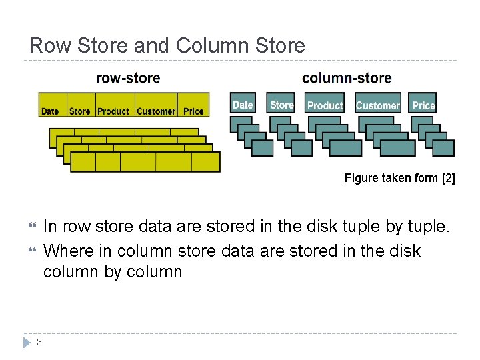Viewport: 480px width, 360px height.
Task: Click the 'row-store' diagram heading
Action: point(128,78)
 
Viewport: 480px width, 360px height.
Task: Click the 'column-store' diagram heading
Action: point(347,78)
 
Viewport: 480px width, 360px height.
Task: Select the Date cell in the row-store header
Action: point(50,111)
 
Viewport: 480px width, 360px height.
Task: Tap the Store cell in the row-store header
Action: point(79,111)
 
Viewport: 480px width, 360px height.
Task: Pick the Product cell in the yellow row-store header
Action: point(113,111)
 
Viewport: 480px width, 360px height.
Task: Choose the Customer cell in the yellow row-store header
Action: point(156,111)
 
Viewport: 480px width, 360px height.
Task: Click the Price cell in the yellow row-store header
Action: point(193,111)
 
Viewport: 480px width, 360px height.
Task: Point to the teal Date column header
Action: point(243,105)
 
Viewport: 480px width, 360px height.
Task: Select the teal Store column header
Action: point(281,105)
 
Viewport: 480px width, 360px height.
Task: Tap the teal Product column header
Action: point(325,105)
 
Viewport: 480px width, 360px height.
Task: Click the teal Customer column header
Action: point(378,105)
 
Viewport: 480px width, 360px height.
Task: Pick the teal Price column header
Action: point(423,105)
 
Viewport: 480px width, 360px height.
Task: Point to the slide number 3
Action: point(39,342)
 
